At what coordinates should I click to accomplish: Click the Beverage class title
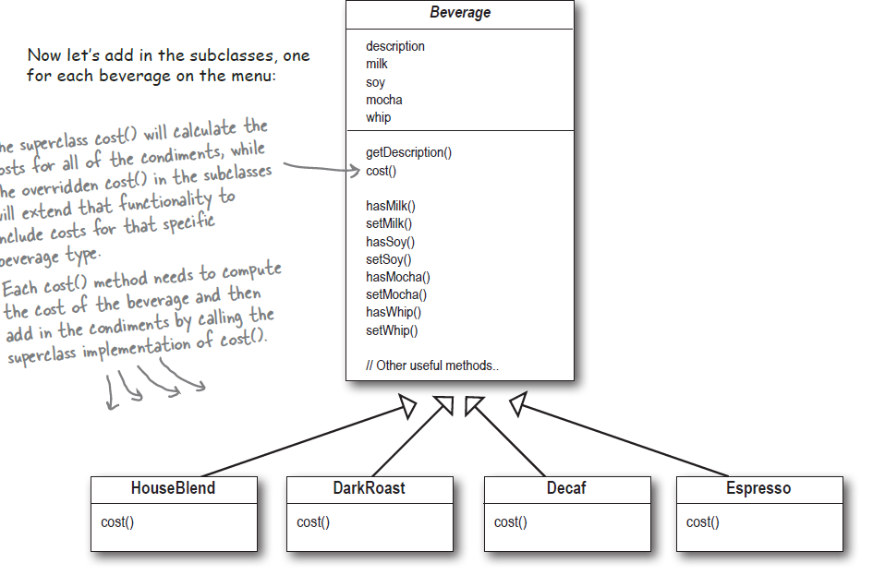pyautogui.click(x=460, y=13)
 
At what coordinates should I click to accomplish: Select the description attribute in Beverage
pyautogui.click(x=395, y=46)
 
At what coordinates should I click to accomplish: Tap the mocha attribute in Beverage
pyautogui.click(x=384, y=100)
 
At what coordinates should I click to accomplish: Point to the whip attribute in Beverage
pyautogui.click(x=379, y=117)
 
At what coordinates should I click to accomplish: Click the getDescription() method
pyautogui.click(x=409, y=152)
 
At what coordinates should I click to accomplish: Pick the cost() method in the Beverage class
pyautogui.click(x=382, y=171)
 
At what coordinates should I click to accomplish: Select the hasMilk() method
pyautogui.click(x=391, y=206)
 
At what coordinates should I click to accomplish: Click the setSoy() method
pyautogui.click(x=389, y=259)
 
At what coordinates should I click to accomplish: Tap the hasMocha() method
pyautogui.click(x=398, y=277)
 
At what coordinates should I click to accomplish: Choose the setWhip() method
pyautogui.click(x=393, y=330)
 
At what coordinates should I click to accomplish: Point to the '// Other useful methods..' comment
pyautogui.click(x=432, y=365)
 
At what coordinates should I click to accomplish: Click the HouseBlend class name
pyautogui.click(x=173, y=488)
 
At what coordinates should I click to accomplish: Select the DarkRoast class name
pyautogui.click(x=369, y=488)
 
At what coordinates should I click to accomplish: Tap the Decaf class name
pyautogui.click(x=566, y=488)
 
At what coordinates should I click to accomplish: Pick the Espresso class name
pyautogui.click(x=758, y=488)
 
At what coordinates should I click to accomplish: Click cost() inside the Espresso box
pyautogui.click(x=703, y=522)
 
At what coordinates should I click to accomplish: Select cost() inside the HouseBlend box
pyautogui.click(x=117, y=522)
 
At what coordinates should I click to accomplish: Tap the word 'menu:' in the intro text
pyautogui.click(x=252, y=76)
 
